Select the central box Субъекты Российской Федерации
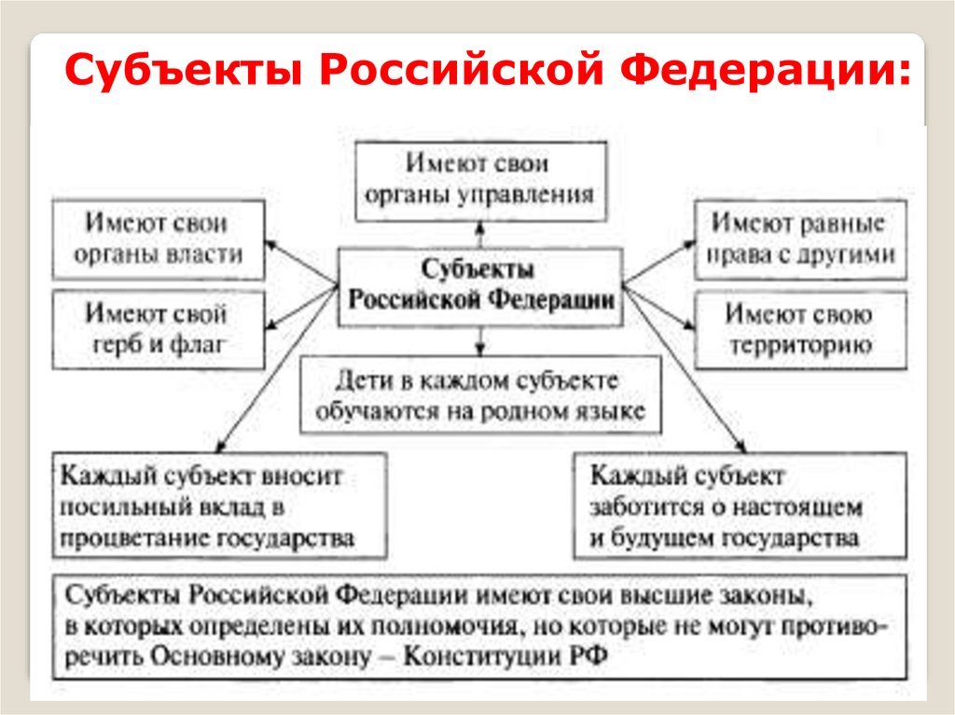(x=479, y=286)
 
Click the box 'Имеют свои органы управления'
(x=480, y=180)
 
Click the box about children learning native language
(x=480, y=396)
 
